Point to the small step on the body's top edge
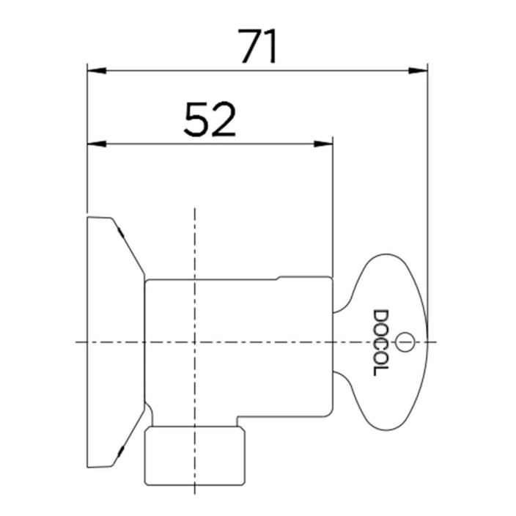pyautogui.click(x=278, y=278)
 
